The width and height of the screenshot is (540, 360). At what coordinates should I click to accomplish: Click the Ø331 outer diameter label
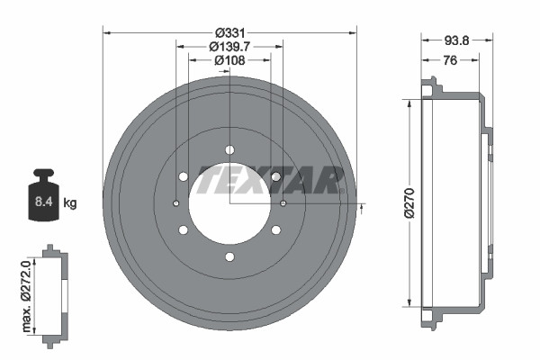(x=230, y=33)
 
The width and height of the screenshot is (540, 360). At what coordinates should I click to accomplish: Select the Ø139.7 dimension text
(x=229, y=46)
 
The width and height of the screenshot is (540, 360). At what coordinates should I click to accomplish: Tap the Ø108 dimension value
(x=229, y=60)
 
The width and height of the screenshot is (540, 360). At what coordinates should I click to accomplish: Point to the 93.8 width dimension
(x=456, y=40)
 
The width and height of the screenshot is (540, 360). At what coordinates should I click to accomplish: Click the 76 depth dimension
(x=450, y=60)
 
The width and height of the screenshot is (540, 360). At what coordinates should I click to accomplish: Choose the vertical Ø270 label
(x=409, y=202)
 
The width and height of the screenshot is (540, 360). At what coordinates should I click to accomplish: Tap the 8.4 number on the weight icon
(x=44, y=202)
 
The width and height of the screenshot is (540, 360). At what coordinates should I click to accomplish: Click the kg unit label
(x=70, y=203)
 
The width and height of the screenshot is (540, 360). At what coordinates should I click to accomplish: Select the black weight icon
(x=43, y=194)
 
